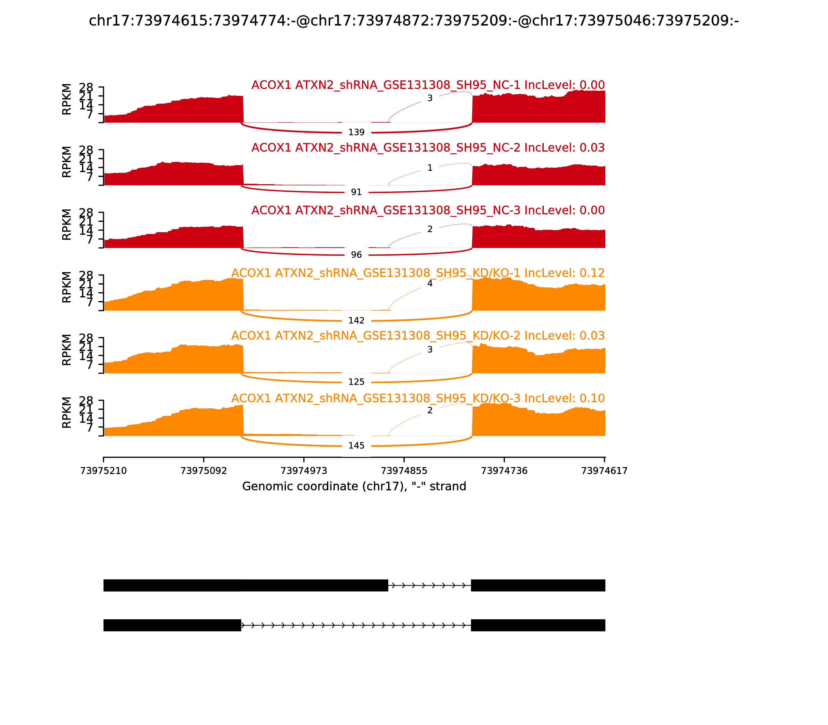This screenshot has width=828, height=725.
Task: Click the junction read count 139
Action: click(356, 132)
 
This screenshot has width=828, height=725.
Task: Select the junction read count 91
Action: click(356, 192)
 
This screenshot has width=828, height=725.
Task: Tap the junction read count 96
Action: click(356, 255)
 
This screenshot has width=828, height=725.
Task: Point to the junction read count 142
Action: click(356, 321)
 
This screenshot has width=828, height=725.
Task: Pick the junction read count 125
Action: click(356, 382)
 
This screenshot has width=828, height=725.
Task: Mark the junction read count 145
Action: click(356, 445)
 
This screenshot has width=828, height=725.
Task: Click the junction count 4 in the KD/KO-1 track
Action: click(430, 284)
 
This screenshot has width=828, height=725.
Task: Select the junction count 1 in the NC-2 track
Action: click(430, 168)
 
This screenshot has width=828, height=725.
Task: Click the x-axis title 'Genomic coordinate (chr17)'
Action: click(354, 486)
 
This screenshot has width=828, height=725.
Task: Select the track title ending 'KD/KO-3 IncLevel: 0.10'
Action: click(418, 398)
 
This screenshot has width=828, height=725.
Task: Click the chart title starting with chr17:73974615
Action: click(413, 21)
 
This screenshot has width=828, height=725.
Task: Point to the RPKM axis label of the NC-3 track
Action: click(67, 224)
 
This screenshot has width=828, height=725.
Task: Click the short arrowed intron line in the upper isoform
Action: click(429, 585)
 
